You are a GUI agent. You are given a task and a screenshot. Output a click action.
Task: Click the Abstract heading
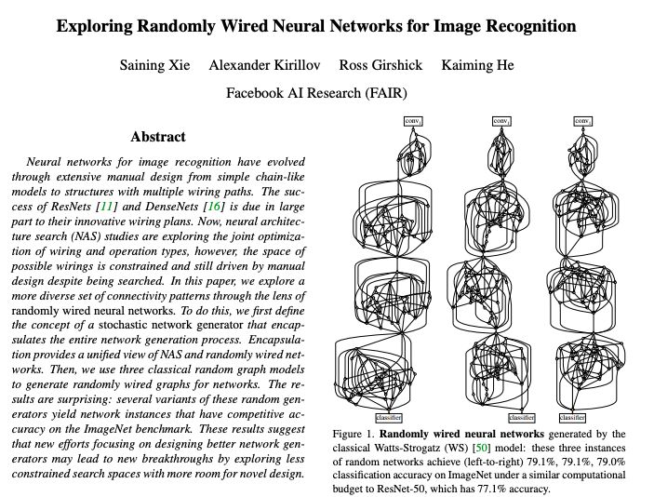[x=158, y=137]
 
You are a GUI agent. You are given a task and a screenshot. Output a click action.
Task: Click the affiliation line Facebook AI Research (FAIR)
[x=316, y=93]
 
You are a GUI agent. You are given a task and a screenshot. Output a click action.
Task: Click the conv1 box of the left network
[x=412, y=121]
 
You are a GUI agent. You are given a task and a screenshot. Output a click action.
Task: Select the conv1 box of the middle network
[x=500, y=121]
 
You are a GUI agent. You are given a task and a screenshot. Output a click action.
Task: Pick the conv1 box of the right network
[x=582, y=121]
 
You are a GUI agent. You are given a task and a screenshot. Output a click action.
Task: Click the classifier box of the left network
[x=388, y=417]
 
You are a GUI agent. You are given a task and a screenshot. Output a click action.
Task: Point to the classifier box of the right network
[x=572, y=417]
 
